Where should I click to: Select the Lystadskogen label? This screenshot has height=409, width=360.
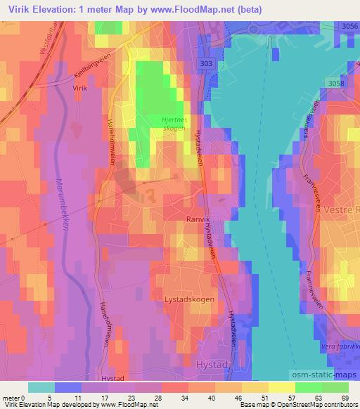click(x=190, y=299)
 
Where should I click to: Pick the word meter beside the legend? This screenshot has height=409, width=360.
click(x=11, y=397)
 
